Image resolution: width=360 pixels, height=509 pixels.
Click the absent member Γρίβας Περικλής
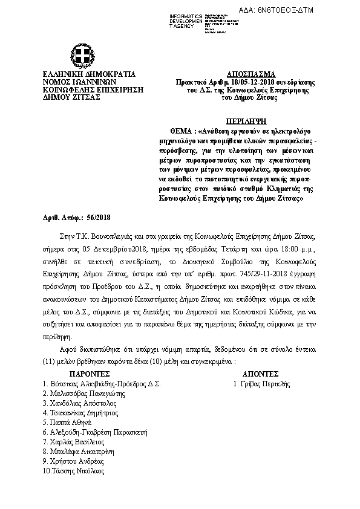point(262,384)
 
